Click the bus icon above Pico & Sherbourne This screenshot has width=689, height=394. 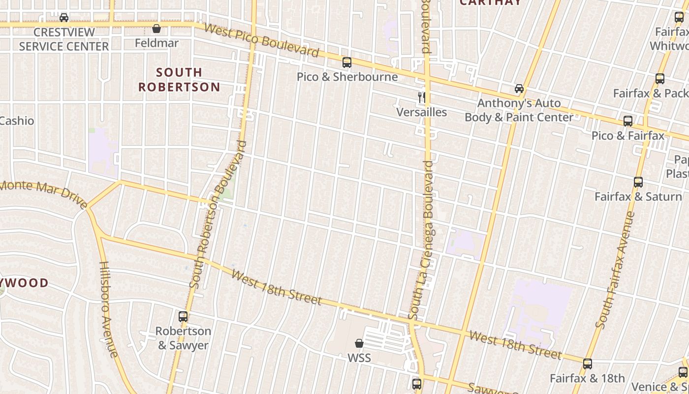click(347, 63)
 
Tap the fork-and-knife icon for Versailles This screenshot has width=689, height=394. click(422, 97)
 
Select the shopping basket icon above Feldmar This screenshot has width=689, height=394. click(157, 29)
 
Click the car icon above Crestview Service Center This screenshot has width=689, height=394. click(64, 18)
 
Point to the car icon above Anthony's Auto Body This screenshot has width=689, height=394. click(519, 89)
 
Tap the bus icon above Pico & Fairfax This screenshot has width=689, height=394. click(628, 121)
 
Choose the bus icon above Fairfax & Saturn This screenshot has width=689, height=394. click(638, 182)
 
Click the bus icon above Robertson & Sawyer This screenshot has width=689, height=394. click(183, 317)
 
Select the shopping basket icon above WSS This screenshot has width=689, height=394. click(359, 343)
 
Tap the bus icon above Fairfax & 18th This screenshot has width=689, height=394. click(588, 364)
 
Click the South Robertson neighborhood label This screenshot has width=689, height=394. click(179, 80)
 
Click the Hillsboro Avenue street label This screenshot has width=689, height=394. click(109, 309)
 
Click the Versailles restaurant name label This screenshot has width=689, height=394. click(422, 112)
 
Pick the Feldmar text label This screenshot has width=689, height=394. click(157, 43)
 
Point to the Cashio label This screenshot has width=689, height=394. click(17, 121)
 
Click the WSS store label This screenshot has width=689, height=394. click(359, 358)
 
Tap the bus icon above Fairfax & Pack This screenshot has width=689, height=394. click(660, 79)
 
